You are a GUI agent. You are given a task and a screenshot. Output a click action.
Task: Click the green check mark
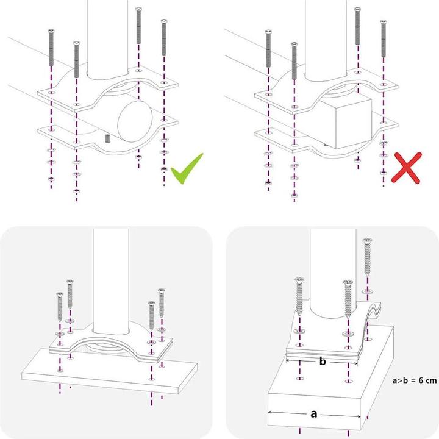tap(186, 169)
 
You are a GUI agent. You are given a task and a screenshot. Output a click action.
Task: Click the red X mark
tap(406, 168)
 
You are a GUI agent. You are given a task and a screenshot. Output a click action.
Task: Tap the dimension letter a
tap(314, 414)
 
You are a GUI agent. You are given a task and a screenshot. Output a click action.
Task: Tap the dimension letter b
tap(323, 362)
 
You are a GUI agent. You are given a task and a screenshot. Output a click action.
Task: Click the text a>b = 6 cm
tap(415, 380)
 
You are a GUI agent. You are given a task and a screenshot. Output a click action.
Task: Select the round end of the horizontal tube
tap(135, 121)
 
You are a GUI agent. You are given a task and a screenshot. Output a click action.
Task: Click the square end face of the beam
tap(354, 123)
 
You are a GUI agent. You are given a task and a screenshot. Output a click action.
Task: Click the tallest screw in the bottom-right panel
tap(367, 257)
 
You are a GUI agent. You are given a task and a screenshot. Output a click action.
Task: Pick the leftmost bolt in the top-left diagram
tap(51, 48)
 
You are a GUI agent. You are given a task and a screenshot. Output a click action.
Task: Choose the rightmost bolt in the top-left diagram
tap(164, 37)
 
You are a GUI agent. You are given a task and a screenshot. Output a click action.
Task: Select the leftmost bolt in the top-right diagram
tap(268, 48)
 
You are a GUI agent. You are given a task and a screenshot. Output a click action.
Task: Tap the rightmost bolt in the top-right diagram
tap(384, 38)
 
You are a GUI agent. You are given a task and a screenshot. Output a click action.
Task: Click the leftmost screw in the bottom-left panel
tap(60, 307)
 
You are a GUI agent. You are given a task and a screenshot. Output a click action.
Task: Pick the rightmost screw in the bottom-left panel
tap(161, 302)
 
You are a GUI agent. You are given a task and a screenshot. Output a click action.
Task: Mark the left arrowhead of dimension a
tap(269, 412)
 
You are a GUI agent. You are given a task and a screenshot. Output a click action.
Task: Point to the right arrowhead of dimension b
tap(355, 363)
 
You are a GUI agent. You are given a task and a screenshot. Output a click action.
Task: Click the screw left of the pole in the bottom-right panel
tap(299, 296)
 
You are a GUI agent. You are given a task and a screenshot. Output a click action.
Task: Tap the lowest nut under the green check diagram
tap(76, 191)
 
